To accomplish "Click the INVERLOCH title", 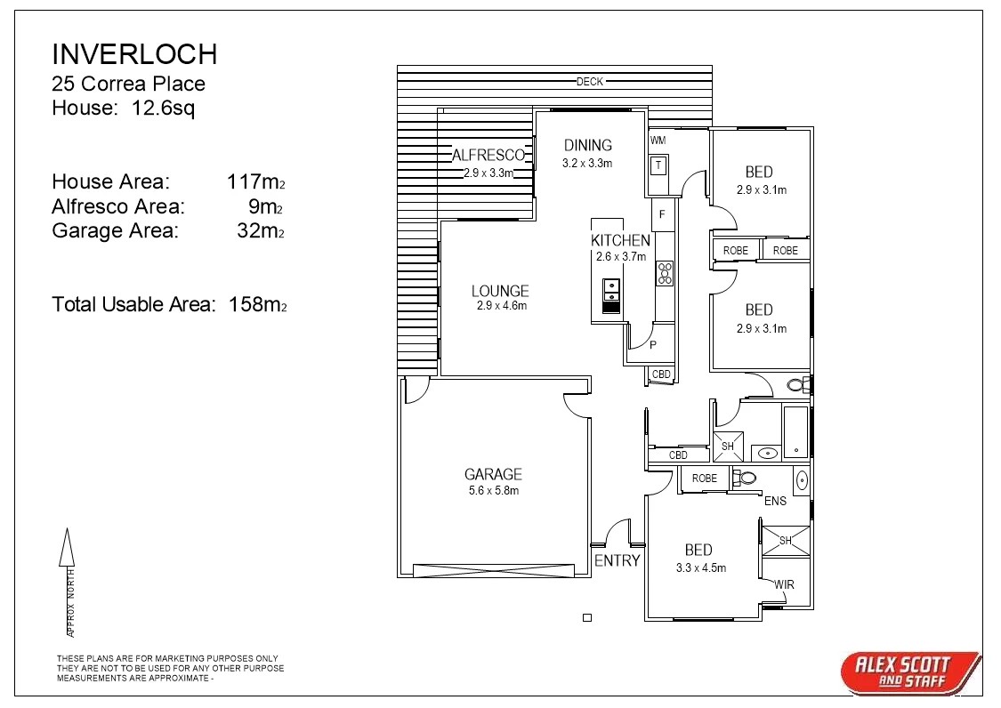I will pos(134,54).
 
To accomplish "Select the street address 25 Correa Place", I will pos(128,84).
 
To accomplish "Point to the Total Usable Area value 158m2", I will pos(257,304).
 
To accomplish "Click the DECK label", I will pos(589,82).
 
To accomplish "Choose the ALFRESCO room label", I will pos(488,155).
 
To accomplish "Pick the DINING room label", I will pos(587,145).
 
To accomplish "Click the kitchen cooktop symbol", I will pos(665,273).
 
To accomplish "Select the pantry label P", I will pos(653,345).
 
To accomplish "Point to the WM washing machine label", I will pos(658,141).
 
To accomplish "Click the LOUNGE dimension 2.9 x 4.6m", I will pos(501,306).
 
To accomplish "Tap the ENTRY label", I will pos(617,560).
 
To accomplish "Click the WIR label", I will pos(784,584).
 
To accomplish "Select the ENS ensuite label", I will pos(775,501).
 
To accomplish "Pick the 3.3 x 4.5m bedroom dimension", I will pos(700,567).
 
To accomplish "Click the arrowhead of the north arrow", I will pos(66,545).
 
